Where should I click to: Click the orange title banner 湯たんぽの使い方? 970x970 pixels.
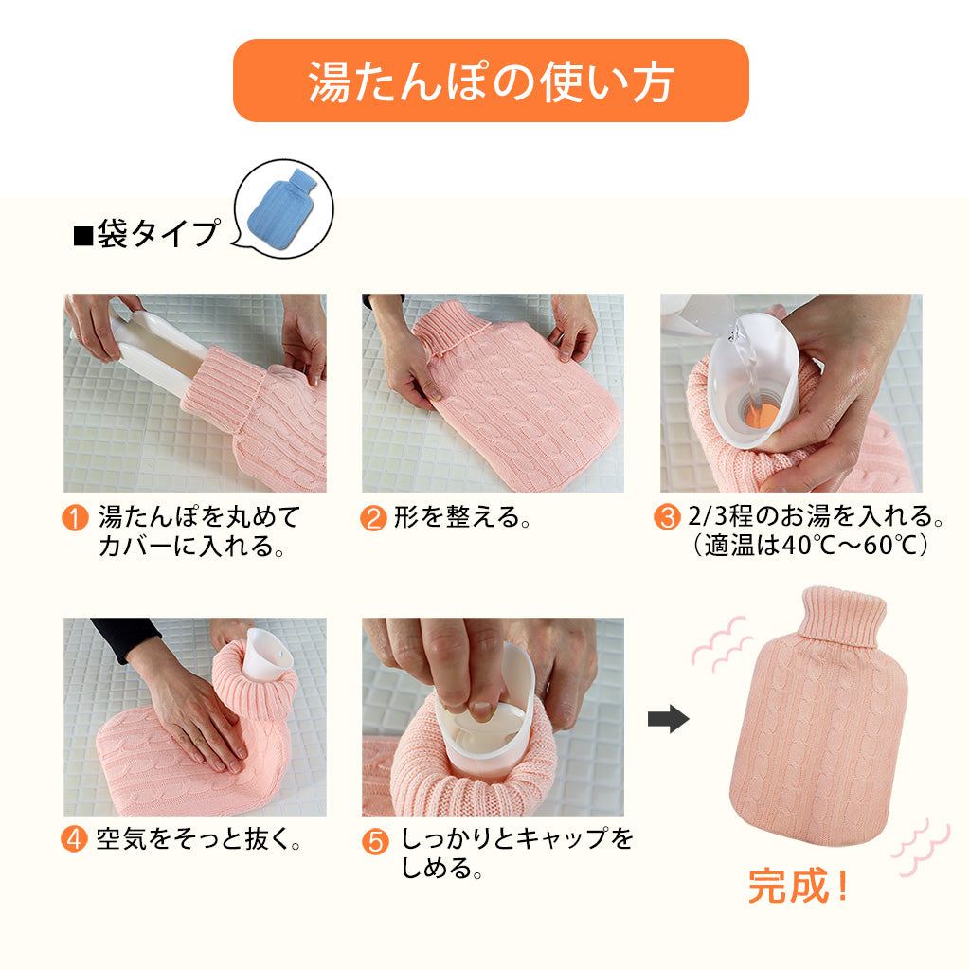pos(491,81)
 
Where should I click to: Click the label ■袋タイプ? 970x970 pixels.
pos(147,234)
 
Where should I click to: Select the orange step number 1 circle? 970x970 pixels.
pos(75,519)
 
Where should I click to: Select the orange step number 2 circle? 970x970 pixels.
pos(373,519)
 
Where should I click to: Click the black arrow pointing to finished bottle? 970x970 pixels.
pos(668,721)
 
